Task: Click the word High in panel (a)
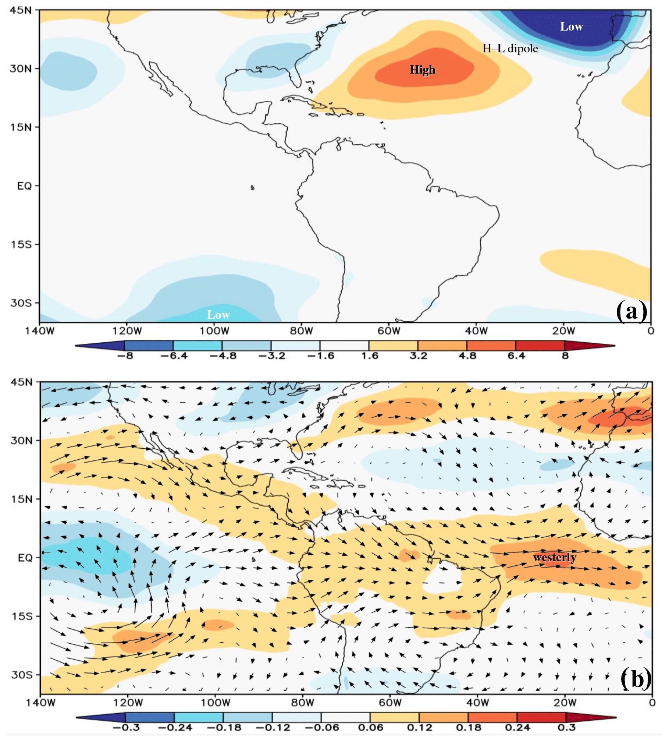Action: click(423, 70)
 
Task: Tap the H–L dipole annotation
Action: click(510, 49)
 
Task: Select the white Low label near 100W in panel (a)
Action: click(218, 315)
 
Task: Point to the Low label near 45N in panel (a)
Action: click(571, 26)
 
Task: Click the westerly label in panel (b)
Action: click(555, 557)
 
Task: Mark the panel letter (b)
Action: click(636, 679)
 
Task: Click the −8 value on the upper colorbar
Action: click(125, 356)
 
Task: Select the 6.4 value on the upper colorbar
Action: click(516, 356)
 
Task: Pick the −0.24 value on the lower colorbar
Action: click(175, 728)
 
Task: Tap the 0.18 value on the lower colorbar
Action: click(468, 728)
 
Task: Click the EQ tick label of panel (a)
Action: click(25, 186)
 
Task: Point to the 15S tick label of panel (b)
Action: click(22, 616)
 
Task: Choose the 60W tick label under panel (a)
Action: click(389, 331)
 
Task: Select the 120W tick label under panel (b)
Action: click(128, 703)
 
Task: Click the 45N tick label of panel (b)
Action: click(21, 382)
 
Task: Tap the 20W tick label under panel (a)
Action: click(563, 331)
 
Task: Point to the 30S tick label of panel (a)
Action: click(21, 303)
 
